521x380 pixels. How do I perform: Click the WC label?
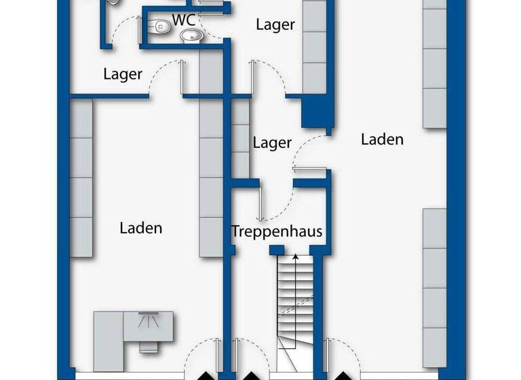click(x=184, y=20)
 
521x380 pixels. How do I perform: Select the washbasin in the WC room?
click(x=193, y=36)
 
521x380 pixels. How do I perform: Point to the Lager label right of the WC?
click(x=275, y=25)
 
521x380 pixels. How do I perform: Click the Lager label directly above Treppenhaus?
click(x=272, y=143)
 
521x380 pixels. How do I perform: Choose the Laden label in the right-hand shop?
click(x=382, y=140)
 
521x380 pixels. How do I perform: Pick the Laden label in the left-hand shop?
click(x=141, y=228)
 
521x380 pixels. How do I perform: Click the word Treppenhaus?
click(x=276, y=231)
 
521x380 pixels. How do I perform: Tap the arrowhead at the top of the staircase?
click(x=295, y=256)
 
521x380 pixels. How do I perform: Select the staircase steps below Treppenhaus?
click(x=295, y=299)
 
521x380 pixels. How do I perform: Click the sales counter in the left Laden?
click(x=133, y=331)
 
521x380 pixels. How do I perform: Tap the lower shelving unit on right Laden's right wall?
click(x=435, y=288)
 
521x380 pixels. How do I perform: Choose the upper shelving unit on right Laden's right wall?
click(x=435, y=64)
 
